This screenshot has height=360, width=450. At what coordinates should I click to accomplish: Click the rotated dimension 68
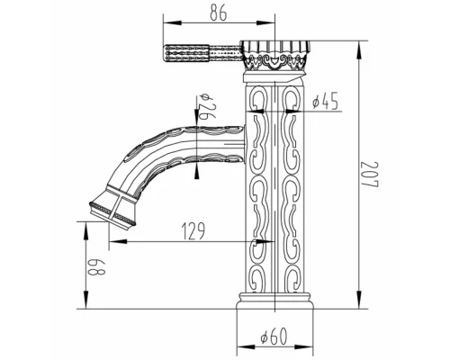point(92,266)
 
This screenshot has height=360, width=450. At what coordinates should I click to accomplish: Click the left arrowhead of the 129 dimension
point(114,241)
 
